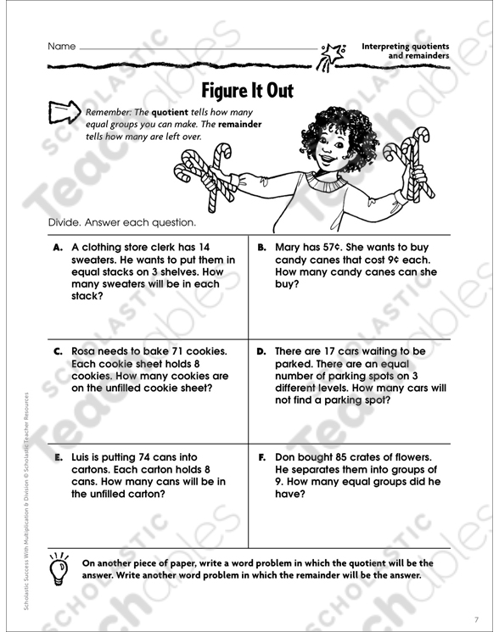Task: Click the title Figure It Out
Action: pyautogui.click(x=247, y=91)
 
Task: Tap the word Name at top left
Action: pyautogui.click(x=62, y=47)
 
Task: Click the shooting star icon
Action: pyautogui.click(x=332, y=56)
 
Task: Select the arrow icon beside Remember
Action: pyautogui.click(x=64, y=112)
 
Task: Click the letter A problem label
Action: pyautogui.click(x=58, y=248)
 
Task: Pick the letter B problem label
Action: pyautogui.click(x=261, y=248)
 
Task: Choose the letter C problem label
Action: pyautogui.click(x=58, y=351)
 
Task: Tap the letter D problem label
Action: pyautogui.click(x=261, y=351)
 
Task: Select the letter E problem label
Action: pyautogui.click(x=59, y=457)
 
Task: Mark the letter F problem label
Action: pyautogui.click(x=261, y=457)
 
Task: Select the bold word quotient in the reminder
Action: pyautogui.click(x=170, y=113)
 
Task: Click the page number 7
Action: pyautogui.click(x=476, y=619)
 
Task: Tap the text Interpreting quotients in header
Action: pyautogui.click(x=405, y=47)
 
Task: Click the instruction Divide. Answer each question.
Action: pyautogui.click(x=121, y=222)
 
